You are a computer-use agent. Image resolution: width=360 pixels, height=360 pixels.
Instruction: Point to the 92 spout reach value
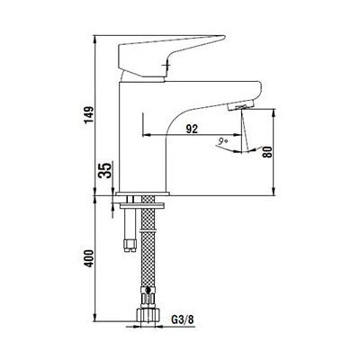(x=192, y=129)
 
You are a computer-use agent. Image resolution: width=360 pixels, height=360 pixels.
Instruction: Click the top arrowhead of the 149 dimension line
(x=94, y=39)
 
